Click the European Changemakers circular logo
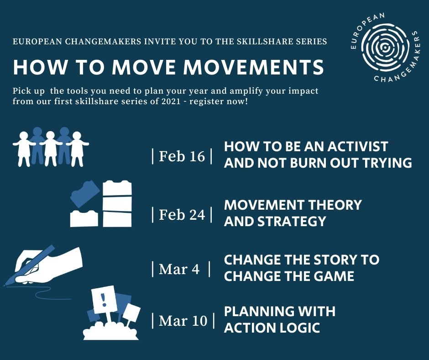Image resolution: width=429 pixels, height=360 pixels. tap(384, 48)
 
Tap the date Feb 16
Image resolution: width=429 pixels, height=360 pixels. tap(182, 156)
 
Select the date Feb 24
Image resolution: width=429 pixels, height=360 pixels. tap(182, 215)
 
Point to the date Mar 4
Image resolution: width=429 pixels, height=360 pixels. tap(179, 269)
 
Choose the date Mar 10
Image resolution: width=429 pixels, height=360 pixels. tap(183, 321)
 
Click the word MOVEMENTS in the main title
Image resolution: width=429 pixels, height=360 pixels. tap(254, 67)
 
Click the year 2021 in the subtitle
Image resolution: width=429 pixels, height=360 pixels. tap(171, 101)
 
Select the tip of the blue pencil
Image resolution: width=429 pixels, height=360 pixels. tap(5, 286)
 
